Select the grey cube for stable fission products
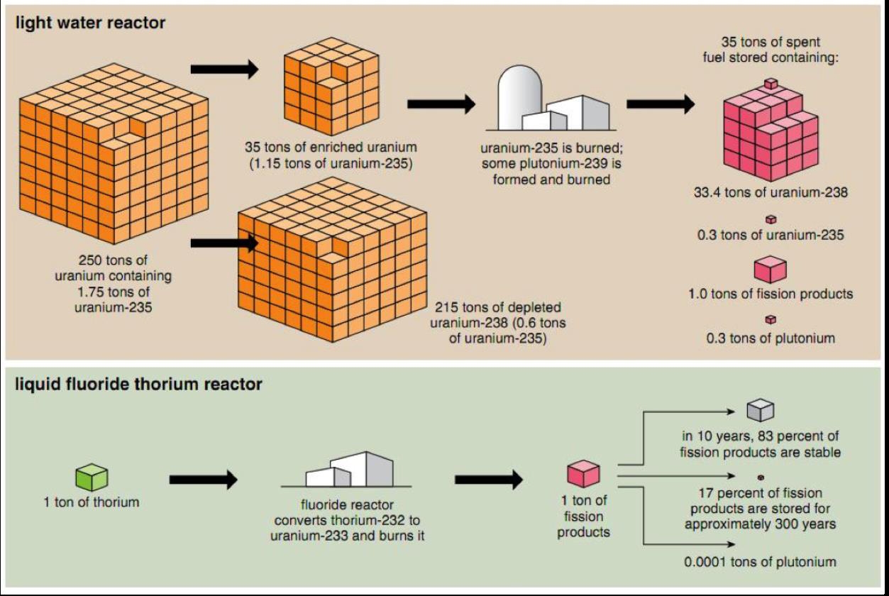760,410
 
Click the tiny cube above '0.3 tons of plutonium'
770,320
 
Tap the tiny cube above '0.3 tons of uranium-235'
771,219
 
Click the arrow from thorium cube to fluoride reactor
203,480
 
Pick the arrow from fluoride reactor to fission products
487,480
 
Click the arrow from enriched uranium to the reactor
441,104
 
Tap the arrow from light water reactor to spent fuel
661,104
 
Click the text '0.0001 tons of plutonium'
760,562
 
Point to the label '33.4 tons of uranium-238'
771,192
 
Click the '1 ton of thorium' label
92,502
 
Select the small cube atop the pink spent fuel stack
770,84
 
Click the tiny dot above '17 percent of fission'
760,476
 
